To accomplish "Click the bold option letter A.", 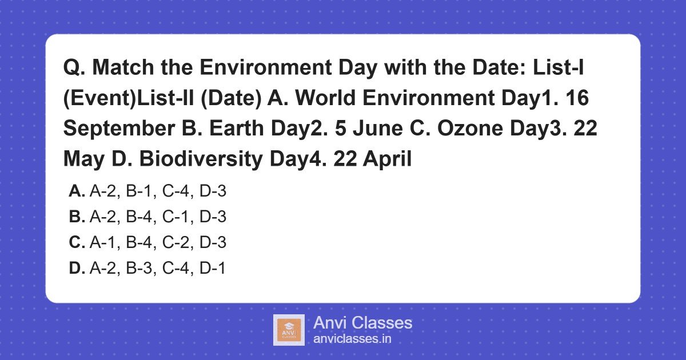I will tap(77, 191).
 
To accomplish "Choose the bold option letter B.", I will tap(77, 217).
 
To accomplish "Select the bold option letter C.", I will tap(77, 243).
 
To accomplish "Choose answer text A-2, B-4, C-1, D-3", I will tap(158, 217).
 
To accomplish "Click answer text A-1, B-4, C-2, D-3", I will tap(158, 243).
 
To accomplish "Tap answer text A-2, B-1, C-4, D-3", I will tap(158, 191).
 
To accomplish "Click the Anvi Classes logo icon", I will tap(289, 330).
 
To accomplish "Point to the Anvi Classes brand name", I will tap(362, 323).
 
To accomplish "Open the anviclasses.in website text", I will tap(352, 339).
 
